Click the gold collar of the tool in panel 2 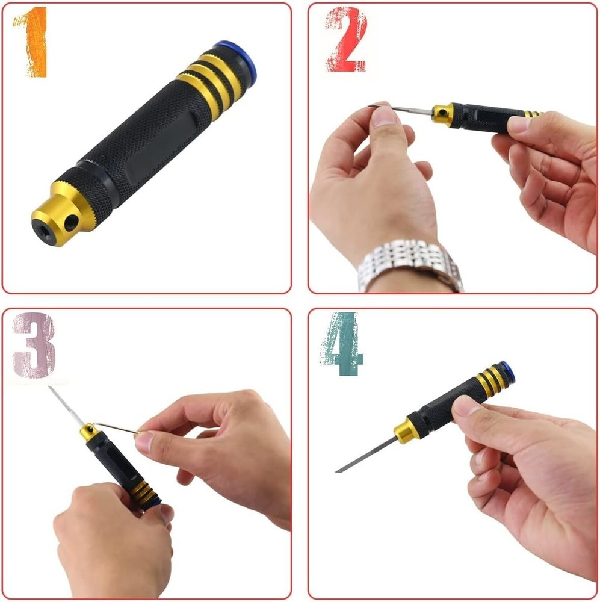[x=442, y=113]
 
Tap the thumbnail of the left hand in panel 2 [x=384, y=115]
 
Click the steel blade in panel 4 [x=367, y=455]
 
